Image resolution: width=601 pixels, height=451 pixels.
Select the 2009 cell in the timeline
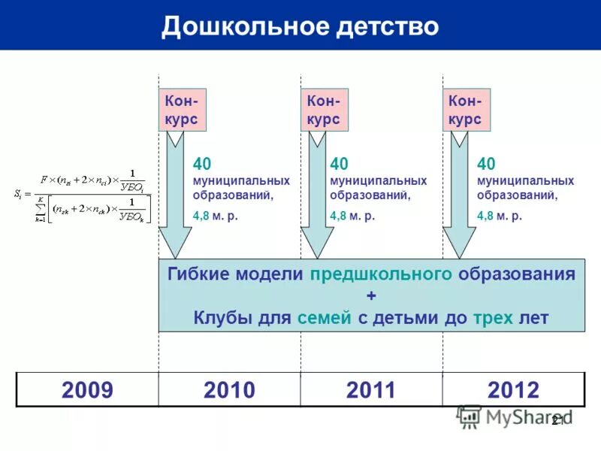coord(87,390)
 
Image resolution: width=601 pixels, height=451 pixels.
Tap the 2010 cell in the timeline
coord(229,390)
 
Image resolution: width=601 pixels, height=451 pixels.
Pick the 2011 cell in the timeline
coord(371,390)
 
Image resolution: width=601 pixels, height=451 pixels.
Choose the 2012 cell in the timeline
coord(513,390)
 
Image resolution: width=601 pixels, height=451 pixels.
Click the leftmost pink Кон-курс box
coord(182,110)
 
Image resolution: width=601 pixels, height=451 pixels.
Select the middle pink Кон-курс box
coord(324,110)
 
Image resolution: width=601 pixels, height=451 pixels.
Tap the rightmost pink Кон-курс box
coord(466,110)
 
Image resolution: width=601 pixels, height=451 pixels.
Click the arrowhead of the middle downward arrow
coord(317,252)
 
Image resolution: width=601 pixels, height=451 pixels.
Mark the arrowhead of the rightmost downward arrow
coord(459,252)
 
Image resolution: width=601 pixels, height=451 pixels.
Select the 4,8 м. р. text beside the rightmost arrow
coord(499,216)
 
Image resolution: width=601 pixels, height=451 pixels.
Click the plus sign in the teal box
coord(371,295)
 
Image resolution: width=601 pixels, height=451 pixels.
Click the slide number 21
coord(557,421)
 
